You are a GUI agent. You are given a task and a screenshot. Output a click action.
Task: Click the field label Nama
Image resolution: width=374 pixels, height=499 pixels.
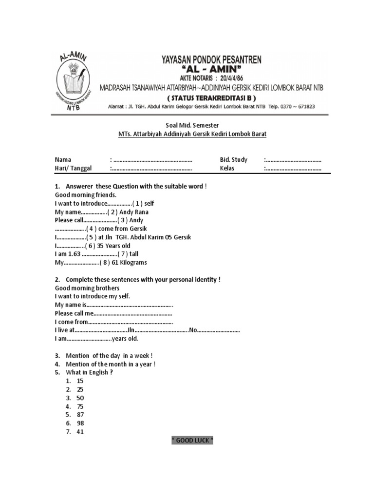click(x=63, y=160)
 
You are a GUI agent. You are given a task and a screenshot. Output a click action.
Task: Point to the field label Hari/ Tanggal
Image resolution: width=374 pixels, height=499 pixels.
click(x=73, y=169)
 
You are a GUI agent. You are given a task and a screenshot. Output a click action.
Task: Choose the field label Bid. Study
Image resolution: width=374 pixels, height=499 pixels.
click(x=234, y=160)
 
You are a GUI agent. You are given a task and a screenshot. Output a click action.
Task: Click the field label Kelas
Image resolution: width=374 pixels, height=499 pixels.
click(x=227, y=169)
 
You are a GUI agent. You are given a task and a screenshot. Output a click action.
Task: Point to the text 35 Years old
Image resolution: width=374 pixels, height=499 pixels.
click(x=114, y=246)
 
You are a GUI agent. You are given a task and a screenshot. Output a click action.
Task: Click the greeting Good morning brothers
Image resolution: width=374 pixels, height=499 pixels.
click(x=87, y=288)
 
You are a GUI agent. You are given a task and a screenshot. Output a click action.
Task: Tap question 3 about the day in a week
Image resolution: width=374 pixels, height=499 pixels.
click(x=107, y=356)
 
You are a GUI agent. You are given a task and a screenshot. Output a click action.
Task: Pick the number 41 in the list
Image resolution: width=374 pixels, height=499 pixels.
click(x=80, y=431)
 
